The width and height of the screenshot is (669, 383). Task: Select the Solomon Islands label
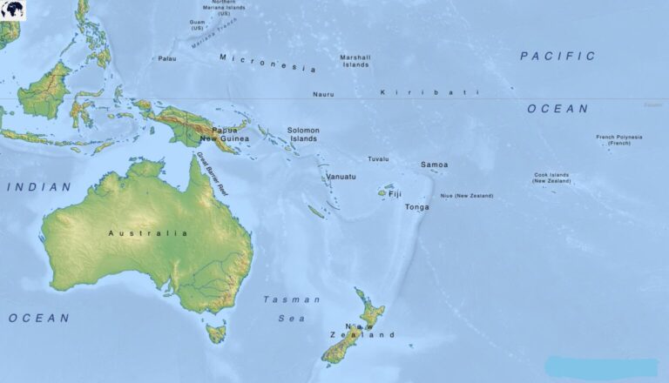click(x=304, y=134)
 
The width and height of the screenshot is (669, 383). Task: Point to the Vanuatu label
click(x=341, y=177)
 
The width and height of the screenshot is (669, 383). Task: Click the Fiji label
click(x=395, y=194)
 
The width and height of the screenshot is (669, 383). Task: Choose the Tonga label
click(x=417, y=207)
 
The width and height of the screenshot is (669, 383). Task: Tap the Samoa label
click(x=434, y=165)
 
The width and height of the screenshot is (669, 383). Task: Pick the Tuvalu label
click(x=378, y=159)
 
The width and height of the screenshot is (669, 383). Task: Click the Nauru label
click(x=323, y=94)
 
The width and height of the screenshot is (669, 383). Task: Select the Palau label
click(x=166, y=58)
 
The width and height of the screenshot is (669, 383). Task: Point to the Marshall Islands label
click(x=355, y=60)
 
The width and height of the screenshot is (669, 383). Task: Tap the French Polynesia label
click(x=618, y=139)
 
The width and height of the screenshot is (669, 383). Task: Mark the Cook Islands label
click(x=552, y=178)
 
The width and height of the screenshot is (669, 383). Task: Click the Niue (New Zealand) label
click(x=466, y=196)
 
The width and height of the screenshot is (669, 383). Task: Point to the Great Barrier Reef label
click(x=212, y=172)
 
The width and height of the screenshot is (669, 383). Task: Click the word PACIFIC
click(x=557, y=56)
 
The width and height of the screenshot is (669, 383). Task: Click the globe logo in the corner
click(x=13, y=10)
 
